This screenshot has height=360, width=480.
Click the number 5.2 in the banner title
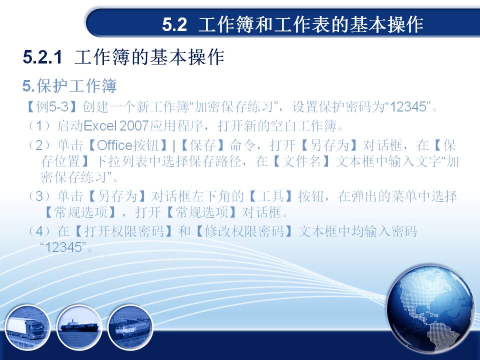[174, 24]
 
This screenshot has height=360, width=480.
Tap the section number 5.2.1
[42, 57]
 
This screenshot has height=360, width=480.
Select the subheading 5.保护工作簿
[69, 85]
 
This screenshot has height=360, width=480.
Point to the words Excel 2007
[116, 126]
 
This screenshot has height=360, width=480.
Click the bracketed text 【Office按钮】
[127, 145]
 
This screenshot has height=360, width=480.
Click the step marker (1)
[39, 126]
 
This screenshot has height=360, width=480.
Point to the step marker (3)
[39, 196]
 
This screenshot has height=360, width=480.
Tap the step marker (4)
[39, 231]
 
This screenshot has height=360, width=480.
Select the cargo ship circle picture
[79, 327]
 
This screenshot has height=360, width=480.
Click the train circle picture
[130, 327]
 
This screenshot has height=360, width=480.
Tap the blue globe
[430, 309]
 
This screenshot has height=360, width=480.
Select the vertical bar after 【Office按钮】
[174, 146]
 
